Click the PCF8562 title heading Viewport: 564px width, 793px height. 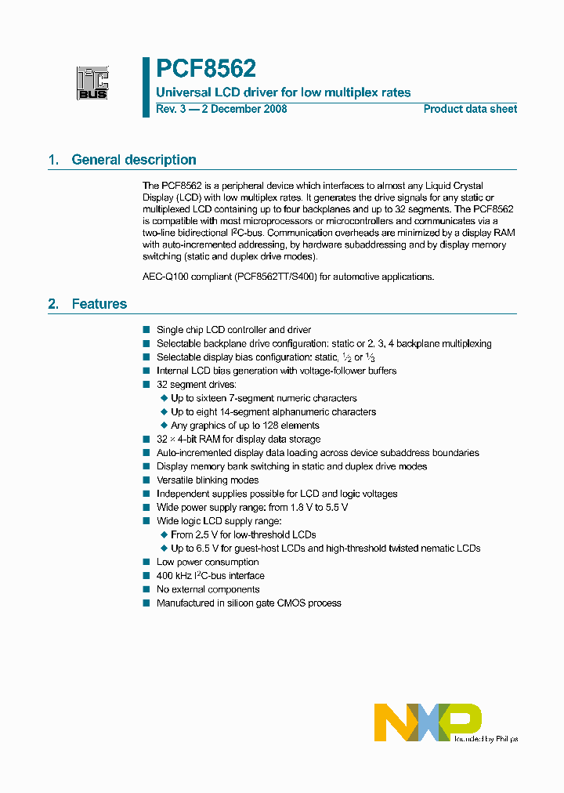tap(205, 69)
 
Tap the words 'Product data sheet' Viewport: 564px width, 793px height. tap(470, 109)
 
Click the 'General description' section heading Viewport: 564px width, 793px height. tap(134, 160)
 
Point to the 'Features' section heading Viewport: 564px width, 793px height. tap(99, 303)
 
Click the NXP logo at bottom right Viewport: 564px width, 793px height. tap(427, 722)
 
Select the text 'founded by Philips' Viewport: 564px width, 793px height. tap(486, 738)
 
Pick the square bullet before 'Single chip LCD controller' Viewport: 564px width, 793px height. tap(146, 330)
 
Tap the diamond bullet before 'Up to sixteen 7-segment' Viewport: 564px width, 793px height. tap(164, 398)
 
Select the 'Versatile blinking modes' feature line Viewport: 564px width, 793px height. tap(208, 480)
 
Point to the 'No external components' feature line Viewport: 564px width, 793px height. tap(208, 589)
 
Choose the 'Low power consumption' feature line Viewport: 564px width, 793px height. tap(208, 562)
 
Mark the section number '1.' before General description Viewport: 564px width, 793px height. tap(53, 160)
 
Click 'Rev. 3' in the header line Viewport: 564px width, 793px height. tap(170, 109)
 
